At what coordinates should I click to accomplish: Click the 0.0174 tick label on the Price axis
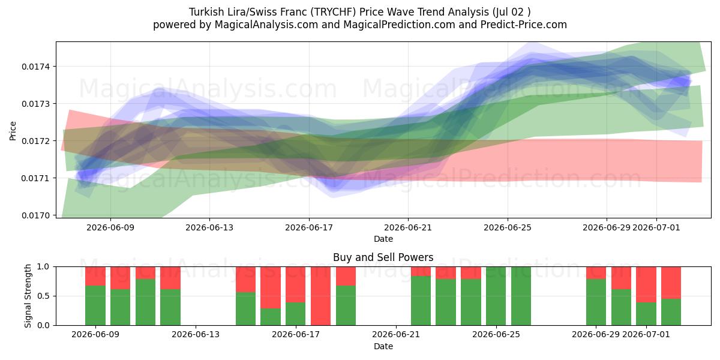35,67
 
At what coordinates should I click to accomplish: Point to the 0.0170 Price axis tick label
35,215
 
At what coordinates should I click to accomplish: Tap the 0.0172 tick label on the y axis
35,141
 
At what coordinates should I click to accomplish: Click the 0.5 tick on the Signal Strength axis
43,296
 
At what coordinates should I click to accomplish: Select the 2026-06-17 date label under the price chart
309,227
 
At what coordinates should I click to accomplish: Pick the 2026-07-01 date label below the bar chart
646,334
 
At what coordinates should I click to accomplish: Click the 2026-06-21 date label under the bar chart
396,334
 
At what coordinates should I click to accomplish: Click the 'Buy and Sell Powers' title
383,257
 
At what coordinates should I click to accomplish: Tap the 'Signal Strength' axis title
28,296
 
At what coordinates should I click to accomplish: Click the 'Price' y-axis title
13,131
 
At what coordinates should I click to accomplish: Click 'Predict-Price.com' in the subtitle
524,25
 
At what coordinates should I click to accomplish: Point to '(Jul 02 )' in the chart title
511,12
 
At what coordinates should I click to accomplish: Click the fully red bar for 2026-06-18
320,296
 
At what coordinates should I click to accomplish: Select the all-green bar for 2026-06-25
496,296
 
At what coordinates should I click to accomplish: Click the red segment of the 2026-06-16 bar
271,287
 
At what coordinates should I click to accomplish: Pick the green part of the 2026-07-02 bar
671,312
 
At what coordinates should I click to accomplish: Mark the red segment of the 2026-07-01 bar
646,284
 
